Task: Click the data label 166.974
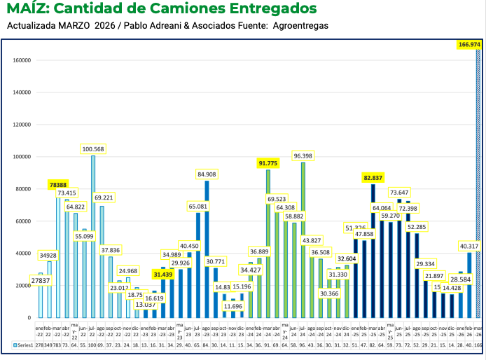[468, 44]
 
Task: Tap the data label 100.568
[93, 149]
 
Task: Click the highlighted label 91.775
[268, 163]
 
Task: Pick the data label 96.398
[303, 155]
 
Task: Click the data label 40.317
[468, 246]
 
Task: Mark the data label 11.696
[233, 306]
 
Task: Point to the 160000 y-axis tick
[23, 60]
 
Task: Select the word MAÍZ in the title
[26, 9]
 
